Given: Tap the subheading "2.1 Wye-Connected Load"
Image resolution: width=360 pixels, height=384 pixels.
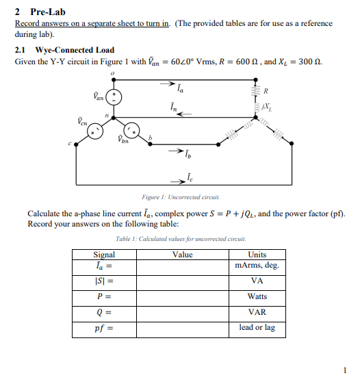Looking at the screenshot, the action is click(64, 50).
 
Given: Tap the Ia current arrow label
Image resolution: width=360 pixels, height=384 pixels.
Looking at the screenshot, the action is click(179, 88).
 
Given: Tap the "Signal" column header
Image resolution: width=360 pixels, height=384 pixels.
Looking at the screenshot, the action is click(104, 255).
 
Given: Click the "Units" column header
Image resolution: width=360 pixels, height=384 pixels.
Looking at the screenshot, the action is click(257, 255).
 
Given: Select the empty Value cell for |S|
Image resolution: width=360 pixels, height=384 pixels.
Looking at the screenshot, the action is click(182, 281).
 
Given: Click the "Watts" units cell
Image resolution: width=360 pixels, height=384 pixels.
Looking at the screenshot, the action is click(257, 296).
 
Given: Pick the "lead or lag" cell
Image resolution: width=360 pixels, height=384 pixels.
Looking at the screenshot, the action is click(257, 328).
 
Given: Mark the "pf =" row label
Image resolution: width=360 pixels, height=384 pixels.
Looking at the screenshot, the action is click(104, 328).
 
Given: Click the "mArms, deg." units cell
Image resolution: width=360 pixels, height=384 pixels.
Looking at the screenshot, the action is click(257, 265).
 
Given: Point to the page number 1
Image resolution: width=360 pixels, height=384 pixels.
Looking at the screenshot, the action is click(346, 370).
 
